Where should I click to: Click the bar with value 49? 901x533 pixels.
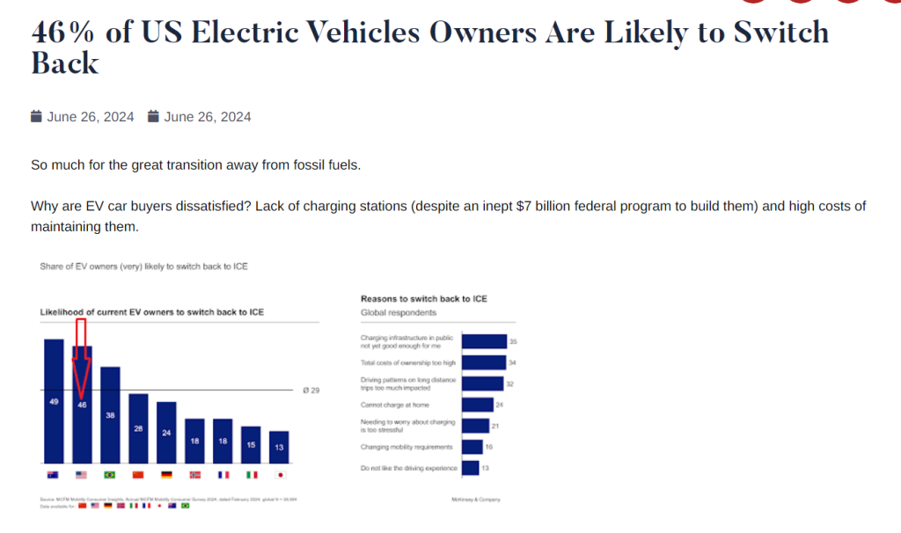54,401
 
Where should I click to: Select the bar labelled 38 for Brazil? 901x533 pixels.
110,414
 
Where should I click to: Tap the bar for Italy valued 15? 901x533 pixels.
251,445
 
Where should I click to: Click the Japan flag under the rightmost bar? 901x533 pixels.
279,475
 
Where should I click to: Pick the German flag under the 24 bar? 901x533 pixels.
166,475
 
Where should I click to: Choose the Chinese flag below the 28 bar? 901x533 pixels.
138,475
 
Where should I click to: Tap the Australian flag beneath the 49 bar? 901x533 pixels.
54,475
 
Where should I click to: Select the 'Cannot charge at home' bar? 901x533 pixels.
477,405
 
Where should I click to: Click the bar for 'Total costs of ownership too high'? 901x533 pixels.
483,362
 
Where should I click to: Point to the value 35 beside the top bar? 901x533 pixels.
513,341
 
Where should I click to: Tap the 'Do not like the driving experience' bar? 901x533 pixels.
471,468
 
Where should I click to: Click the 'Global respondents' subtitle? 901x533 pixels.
399,312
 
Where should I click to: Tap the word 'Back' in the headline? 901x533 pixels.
65,64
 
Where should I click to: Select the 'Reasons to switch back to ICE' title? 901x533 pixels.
423,299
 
